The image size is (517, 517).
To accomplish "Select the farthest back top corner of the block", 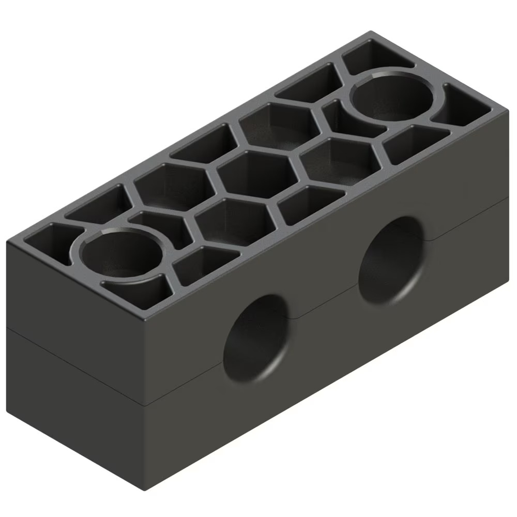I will (370, 33).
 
